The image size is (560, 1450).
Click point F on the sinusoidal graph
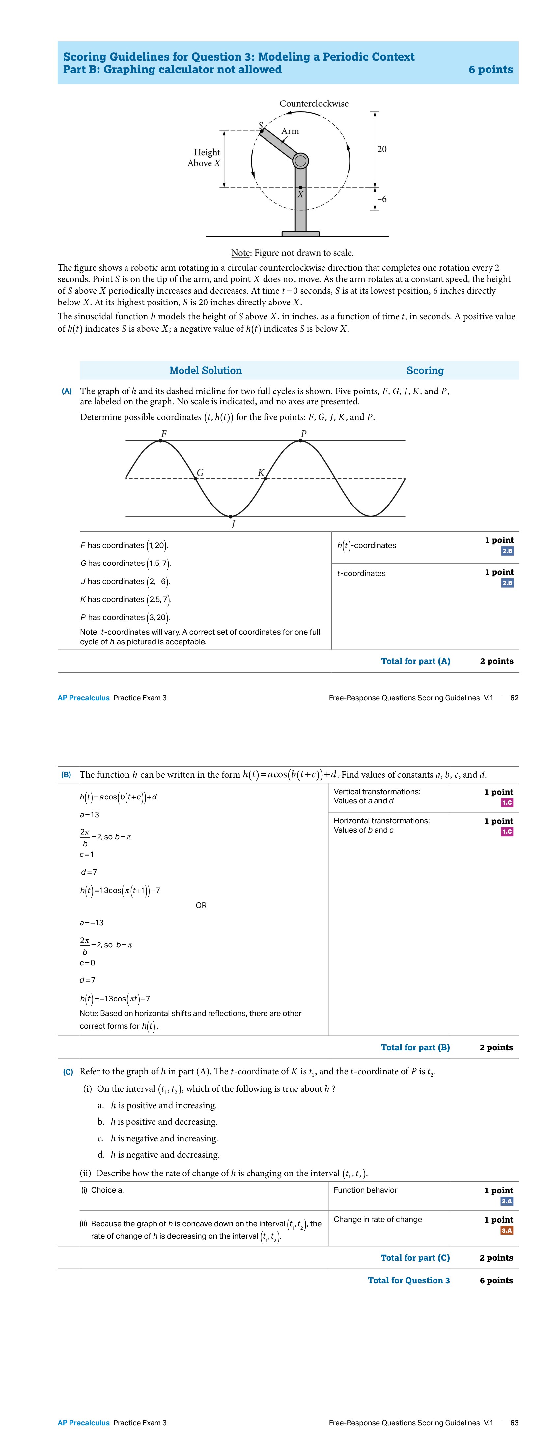coord(161,440)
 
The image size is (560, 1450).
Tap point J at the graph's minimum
coord(231,516)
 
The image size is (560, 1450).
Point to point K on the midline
coord(266,478)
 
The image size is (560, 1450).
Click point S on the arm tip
coord(262,131)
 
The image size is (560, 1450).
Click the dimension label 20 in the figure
coord(382,149)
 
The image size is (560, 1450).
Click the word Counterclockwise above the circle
coord(314,103)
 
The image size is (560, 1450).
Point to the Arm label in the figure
coord(290,131)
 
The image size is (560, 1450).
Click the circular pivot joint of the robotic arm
coord(300,161)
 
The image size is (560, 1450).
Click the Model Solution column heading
coord(206,370)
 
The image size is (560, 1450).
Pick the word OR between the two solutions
coord(201,905)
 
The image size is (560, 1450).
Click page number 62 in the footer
coord(514,698)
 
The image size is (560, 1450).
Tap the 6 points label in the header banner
coord(490,70)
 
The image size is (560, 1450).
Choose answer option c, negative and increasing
coord(157,1138)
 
